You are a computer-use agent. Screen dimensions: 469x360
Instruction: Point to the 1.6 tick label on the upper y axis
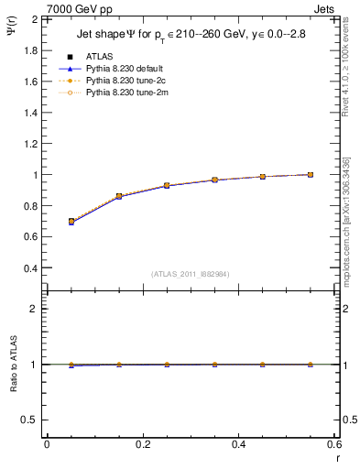click(29, 82)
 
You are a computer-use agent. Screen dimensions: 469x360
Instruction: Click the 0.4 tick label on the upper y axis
click(29, 268)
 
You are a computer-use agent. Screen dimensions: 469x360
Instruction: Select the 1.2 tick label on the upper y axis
click(29, 144)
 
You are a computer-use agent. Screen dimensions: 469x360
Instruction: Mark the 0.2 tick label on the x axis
click(142, 444)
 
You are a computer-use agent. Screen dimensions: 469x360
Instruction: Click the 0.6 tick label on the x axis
click(334, 444)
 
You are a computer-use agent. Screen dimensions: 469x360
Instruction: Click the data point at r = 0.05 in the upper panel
click(71, 222)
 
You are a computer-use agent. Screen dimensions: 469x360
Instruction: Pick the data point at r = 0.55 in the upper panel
click(311, 174)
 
